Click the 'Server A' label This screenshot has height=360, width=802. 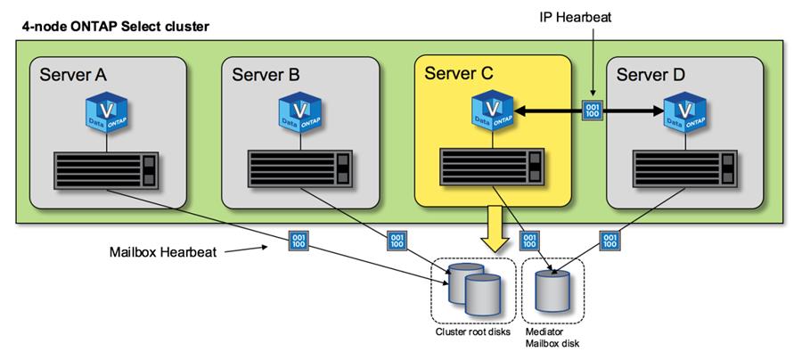click(x=73, y=74)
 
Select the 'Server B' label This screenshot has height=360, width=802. click(x=266, y=74)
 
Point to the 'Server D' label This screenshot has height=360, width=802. click(x=653, y=74)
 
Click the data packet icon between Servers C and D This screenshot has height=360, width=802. click(x=592, y=112)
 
